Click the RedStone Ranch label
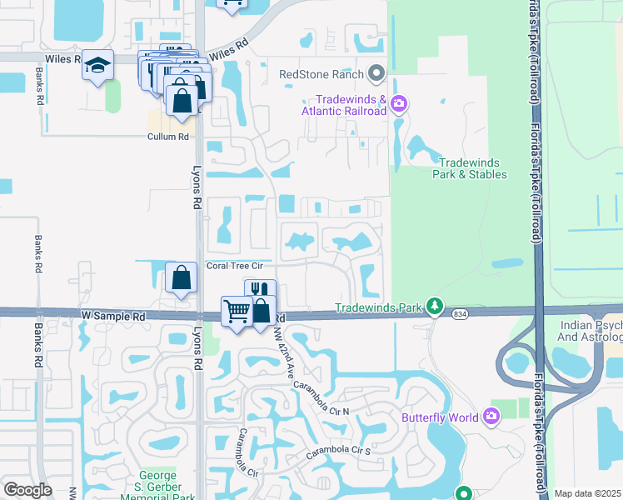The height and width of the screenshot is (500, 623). pos(321,74)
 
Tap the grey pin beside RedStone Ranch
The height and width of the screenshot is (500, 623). pos(376,74)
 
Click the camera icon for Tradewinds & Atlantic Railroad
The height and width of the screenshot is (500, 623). pos(399,103)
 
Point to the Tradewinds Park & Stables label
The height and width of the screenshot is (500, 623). pos(469,168)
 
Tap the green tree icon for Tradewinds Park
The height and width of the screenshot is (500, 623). pos(434,307)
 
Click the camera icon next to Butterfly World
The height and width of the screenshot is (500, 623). pos(492,415)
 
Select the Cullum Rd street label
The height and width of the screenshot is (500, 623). pos(167,137)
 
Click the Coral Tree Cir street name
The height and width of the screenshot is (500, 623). pos(235,266)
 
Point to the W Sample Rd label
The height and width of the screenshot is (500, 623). pos(113,317)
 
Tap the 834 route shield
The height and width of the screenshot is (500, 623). pos(460,314)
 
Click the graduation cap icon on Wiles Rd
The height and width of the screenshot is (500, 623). pos(97,64)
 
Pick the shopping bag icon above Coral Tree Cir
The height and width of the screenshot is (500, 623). pos(181,278)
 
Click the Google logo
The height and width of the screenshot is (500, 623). pos(28,490)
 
